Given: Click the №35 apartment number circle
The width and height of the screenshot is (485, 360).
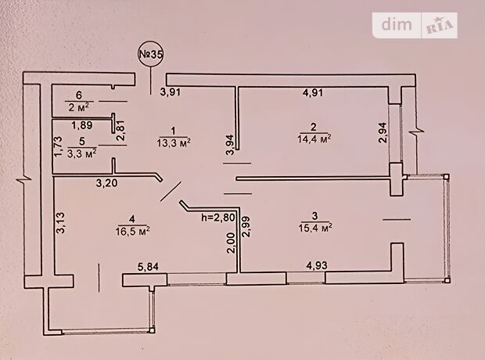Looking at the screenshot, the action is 150,54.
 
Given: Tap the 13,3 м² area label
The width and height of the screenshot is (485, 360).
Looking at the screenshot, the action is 174,142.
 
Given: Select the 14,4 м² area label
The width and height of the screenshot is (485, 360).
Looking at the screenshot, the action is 314,139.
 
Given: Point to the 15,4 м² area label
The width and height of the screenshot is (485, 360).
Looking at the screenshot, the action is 315,228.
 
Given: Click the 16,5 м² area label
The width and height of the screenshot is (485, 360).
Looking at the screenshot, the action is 133,231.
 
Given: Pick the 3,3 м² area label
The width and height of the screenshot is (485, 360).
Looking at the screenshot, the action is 81,153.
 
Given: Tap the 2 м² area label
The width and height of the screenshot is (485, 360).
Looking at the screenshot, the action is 78,107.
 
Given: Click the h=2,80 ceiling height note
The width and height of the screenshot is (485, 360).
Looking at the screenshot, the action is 218,218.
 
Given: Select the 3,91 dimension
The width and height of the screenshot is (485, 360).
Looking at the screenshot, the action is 170,92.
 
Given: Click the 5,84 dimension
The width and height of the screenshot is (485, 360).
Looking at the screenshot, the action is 148,267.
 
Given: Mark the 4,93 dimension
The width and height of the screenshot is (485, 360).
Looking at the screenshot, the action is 317,265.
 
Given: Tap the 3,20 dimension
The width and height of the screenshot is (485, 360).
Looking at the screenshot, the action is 106,183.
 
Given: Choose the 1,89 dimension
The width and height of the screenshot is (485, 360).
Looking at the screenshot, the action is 81,125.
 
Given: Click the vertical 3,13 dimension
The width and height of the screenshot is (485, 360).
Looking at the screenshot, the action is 60,222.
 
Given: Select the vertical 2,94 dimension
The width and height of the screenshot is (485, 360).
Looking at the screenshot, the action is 383,132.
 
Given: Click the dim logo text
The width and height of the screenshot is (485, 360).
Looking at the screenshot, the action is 397,24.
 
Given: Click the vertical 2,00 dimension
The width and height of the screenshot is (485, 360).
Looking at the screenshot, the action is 231,243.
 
